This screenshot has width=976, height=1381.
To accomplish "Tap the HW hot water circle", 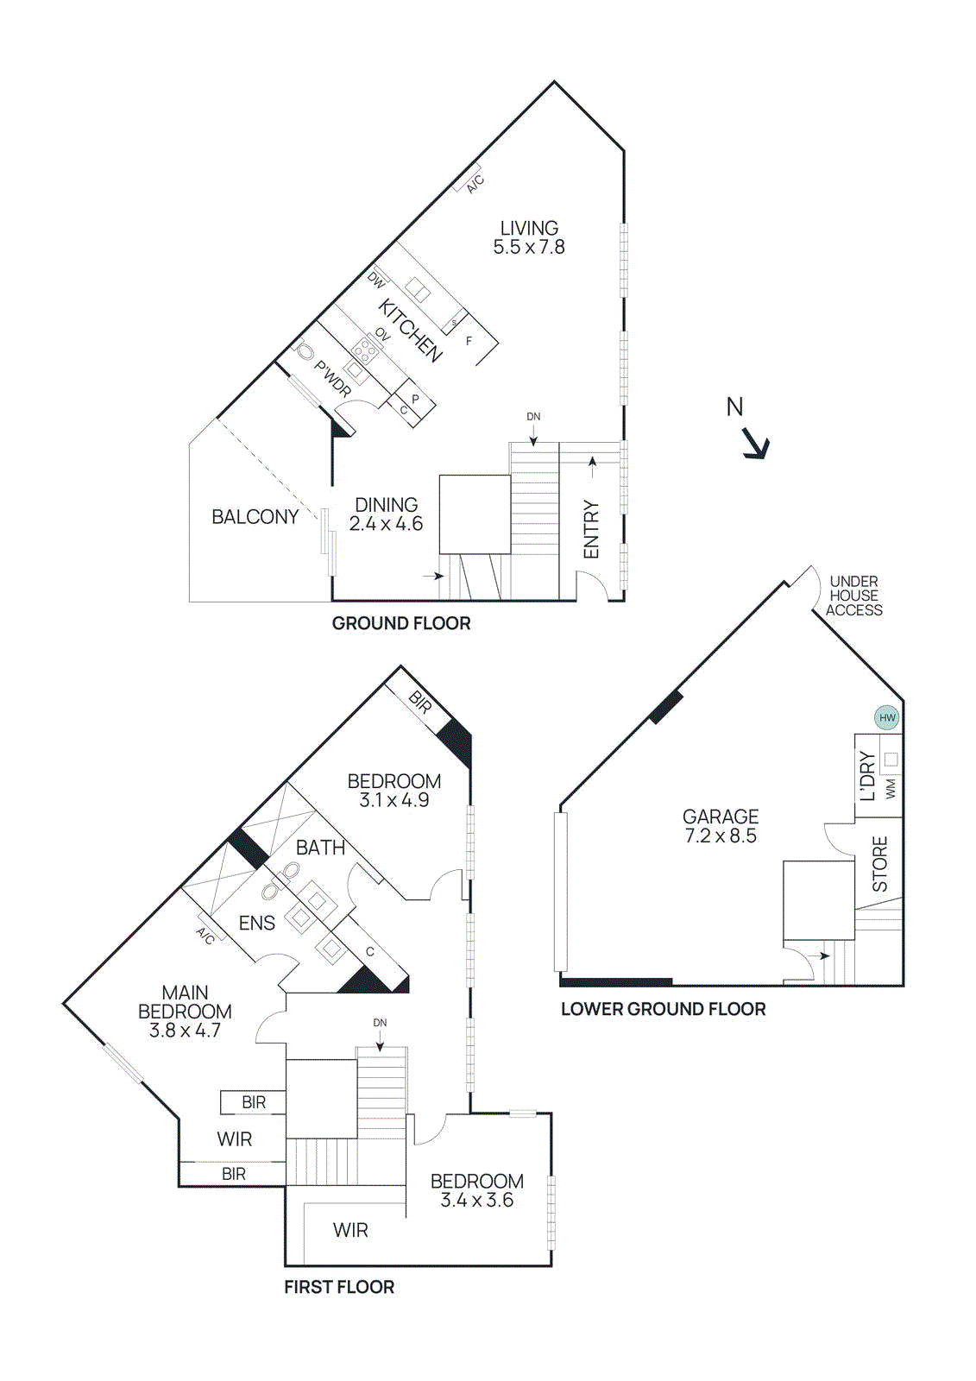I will [887, 717].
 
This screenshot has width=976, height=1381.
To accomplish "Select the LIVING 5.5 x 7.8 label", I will [529, 237].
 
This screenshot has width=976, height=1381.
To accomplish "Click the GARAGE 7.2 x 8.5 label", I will [721, 826].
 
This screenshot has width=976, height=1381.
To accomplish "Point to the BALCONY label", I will [255, 517].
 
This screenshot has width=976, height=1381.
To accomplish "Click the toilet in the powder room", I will [305, 353].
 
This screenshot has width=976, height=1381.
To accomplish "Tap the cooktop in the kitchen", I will [364, 350].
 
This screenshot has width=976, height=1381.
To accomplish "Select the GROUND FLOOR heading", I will [401, 623].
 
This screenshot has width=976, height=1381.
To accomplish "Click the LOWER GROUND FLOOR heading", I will [663, 1009].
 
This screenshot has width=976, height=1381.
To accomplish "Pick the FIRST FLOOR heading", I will [339, 1287].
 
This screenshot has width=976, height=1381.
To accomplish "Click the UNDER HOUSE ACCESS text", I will [853, 596].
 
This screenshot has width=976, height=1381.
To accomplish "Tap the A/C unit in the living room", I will [469, 179].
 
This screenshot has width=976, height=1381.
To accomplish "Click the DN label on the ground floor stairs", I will [533, 417].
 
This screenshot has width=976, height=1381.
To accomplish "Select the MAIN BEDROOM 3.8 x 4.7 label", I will [185, 1012].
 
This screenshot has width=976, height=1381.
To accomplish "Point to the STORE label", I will [879, 864].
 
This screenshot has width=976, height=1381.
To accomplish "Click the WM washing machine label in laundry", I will [891, 788].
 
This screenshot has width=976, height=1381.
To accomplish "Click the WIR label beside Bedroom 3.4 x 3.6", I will [350, 1230].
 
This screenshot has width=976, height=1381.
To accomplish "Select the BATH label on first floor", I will [320, 848].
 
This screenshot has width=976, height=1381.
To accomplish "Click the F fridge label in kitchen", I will [469, 341].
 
